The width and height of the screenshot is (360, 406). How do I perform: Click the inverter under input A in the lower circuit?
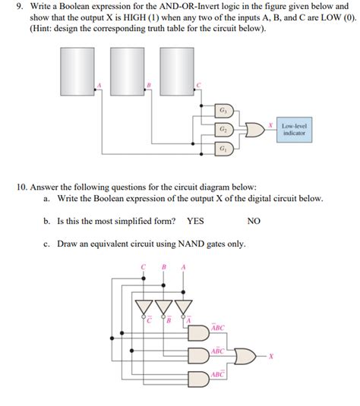[182, 307]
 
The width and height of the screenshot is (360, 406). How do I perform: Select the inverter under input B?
[163, 307]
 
